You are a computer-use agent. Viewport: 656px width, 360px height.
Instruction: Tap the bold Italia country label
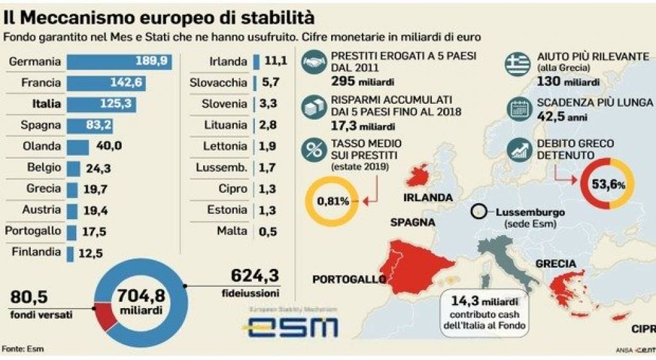tap(47, 104)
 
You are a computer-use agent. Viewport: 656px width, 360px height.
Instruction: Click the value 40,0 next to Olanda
tap(108, 146)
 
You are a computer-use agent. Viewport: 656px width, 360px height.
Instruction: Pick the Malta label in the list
tap(231, 231)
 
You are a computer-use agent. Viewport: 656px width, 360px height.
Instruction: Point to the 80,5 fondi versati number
tap(29, 297)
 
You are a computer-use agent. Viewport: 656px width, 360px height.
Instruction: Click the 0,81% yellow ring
tap(333, 201)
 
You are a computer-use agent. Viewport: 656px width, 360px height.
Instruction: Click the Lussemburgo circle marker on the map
tap(477, 212)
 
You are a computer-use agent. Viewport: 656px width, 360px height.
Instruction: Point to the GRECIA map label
tap(555, 263)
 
